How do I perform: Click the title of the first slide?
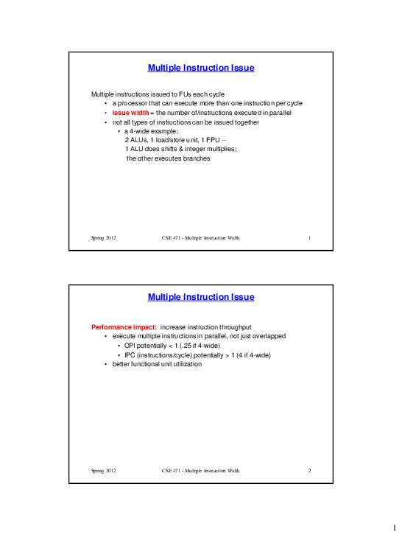point(201,69)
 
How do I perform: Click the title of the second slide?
point(201,298)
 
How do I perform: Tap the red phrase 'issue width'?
point(132,113)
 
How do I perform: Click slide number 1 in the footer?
point(310,239)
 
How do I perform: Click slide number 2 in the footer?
point(310,469)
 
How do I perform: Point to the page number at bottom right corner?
point(395,525)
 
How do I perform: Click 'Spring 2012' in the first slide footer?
point(104,239)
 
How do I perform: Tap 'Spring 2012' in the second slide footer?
point(104,469)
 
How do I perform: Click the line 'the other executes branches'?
point(169,158)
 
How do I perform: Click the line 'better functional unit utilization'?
point(157,365)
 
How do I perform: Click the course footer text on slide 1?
point(200,239)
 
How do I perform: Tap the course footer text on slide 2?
point(200,469)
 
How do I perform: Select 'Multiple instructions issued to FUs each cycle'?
point(158,94)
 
